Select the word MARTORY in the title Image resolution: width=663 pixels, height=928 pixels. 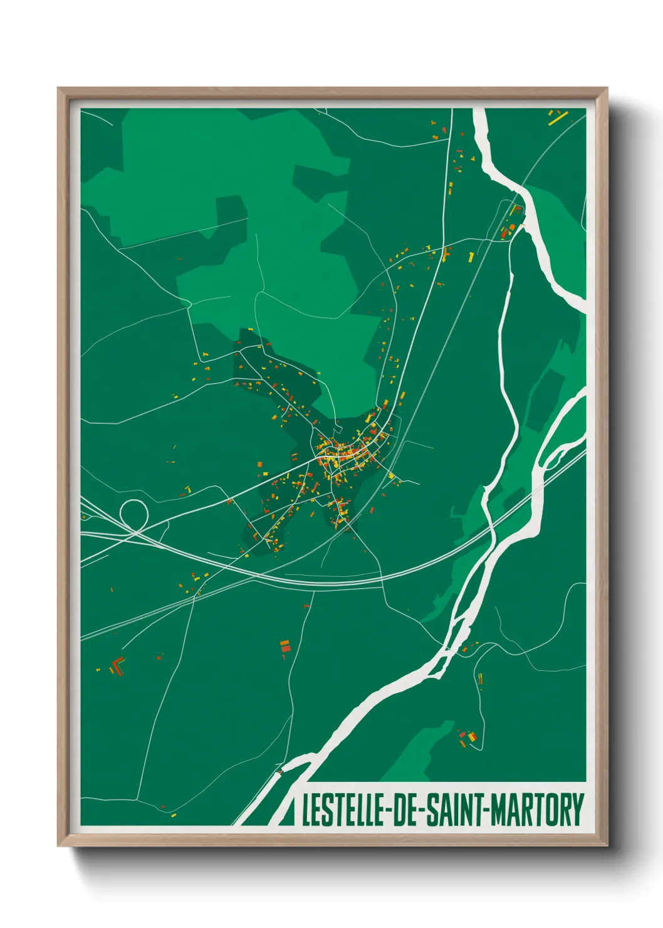[537, 810]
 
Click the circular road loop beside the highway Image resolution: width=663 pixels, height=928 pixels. [133, 514]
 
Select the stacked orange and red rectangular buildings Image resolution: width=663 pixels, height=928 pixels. [285, 646]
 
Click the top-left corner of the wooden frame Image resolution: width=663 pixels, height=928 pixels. [59, 89]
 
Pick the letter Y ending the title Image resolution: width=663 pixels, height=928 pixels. [577, 810]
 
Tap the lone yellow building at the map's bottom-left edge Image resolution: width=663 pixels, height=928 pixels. [173, 815]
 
